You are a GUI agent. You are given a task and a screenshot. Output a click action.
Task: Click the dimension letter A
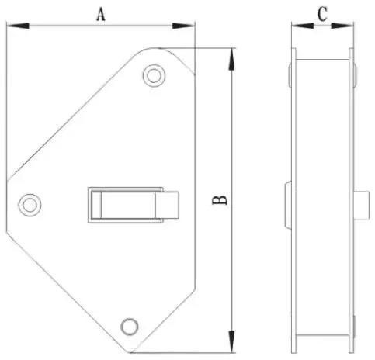pos(101,14)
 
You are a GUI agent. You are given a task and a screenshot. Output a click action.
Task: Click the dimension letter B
pos(220,200)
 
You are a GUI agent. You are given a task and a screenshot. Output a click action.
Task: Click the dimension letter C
pos(322,14)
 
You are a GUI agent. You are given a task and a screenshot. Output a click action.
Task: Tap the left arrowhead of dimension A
pos(18,26)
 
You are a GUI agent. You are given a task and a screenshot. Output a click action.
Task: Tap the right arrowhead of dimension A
pos(183,26)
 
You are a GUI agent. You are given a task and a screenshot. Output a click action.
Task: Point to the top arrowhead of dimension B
pos(232,60)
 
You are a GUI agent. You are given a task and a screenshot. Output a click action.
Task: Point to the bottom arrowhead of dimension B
pos(232,341)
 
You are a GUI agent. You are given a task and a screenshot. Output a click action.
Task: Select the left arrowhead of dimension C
pos(303,26)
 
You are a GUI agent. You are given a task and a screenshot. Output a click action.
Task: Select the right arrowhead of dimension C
pos(342,26)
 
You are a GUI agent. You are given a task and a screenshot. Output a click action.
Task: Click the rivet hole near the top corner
pos(154,75)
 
